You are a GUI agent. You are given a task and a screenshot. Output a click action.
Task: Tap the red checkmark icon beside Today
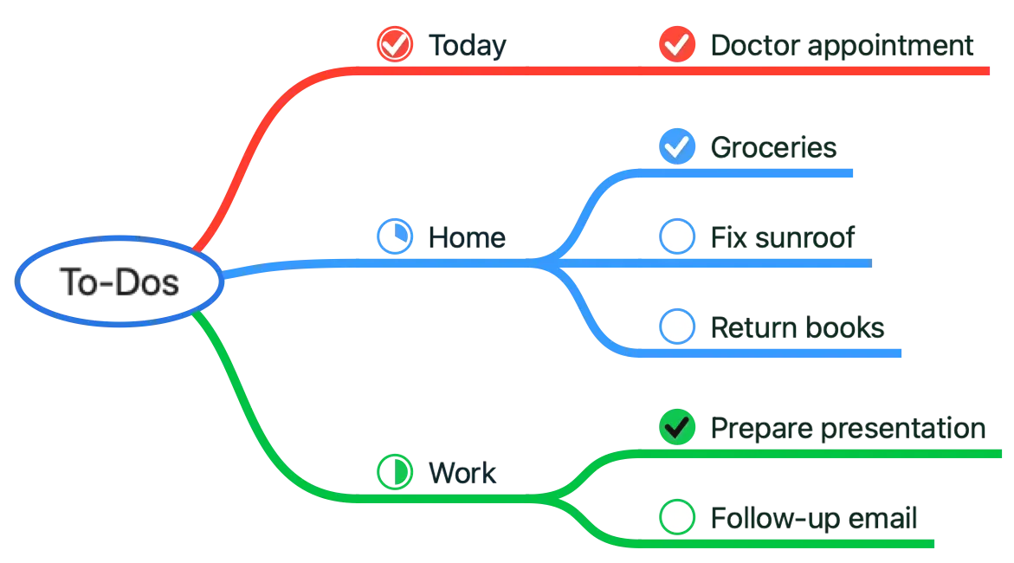click(x=395, y=43)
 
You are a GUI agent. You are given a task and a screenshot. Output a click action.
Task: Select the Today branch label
click(x=466, y=44)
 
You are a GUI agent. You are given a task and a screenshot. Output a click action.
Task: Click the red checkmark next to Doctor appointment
click(x=676, y=43)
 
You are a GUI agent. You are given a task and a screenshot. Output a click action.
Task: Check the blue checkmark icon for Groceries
click(x=676, y=146)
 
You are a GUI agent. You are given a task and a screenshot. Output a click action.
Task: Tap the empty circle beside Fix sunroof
click(x=676, y=236)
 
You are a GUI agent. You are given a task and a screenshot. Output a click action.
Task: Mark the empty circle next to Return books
click(x=676, y=327)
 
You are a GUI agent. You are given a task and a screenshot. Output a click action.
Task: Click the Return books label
click(x=796, y=327)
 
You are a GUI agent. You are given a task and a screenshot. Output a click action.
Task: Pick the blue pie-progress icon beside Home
click(x=395, y=236)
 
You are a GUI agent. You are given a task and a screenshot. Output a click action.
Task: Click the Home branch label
click(x=467, y=236)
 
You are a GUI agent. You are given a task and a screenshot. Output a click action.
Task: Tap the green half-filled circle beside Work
click(x=395, y=472)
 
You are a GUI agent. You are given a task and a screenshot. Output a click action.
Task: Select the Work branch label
click(x=463, y=473)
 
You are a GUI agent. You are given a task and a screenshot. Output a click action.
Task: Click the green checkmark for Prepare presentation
click(x=676, y=427)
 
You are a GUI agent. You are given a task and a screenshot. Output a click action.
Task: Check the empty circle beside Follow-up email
click(x=676, y=517)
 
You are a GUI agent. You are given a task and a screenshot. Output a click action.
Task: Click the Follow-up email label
click(x=813, y=518)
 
